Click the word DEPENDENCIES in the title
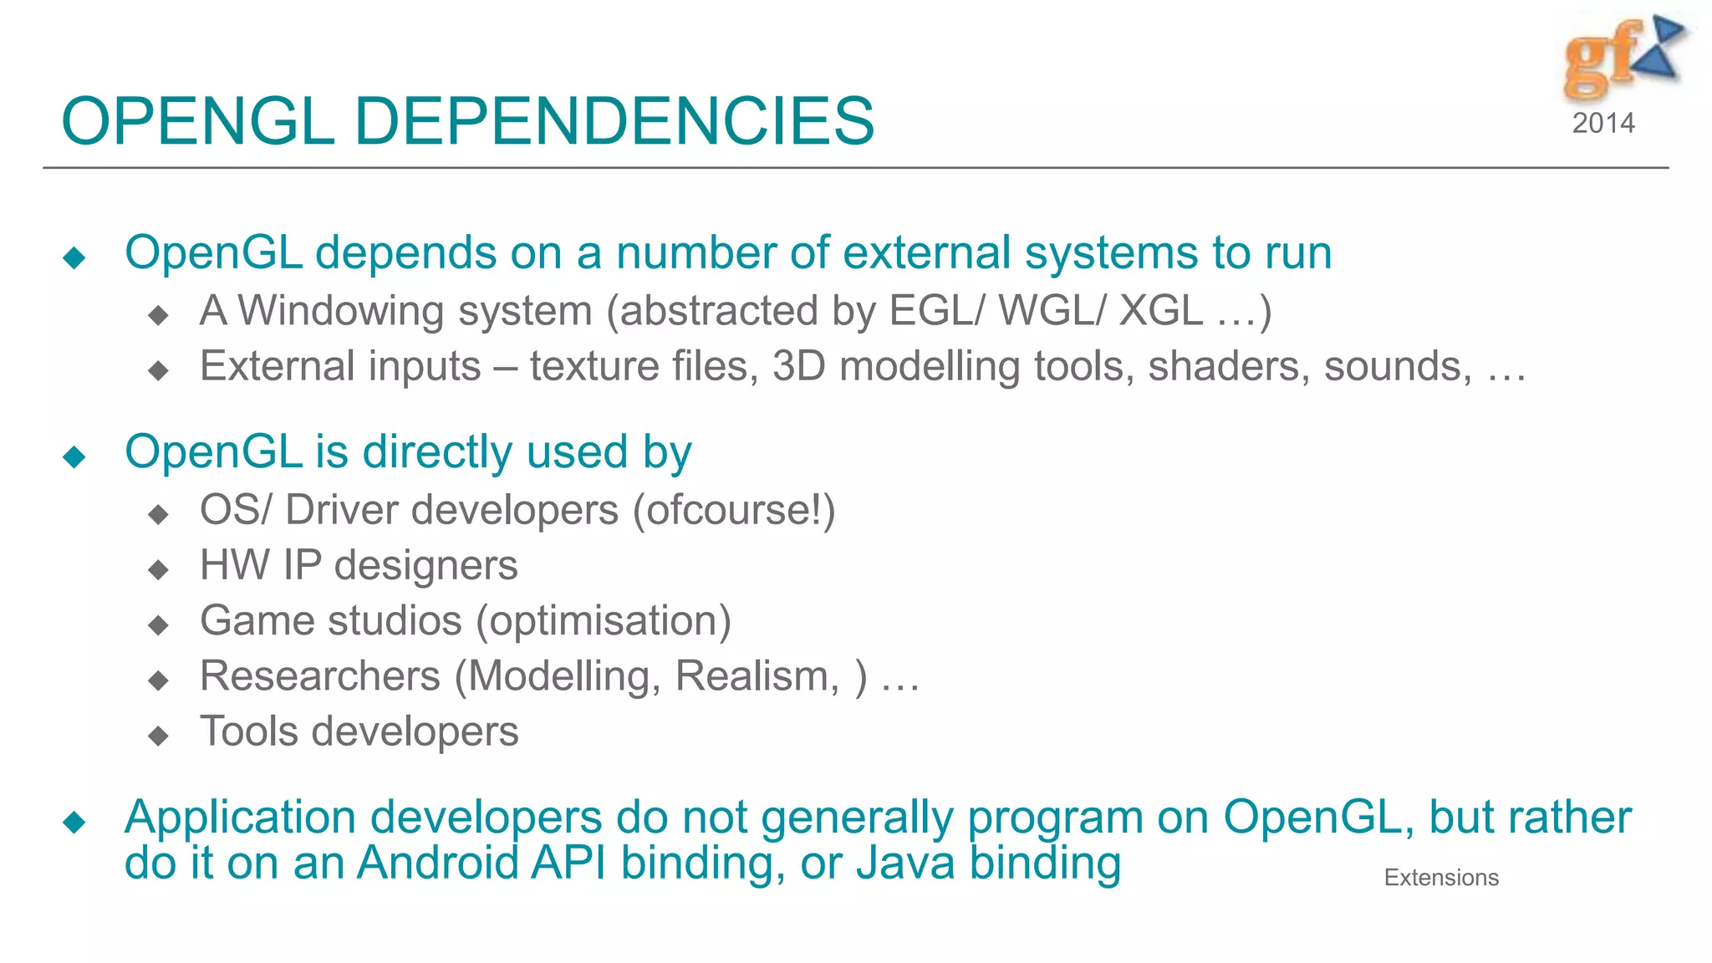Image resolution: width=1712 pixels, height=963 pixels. [614, 122]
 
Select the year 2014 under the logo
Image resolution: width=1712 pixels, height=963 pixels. [1602, 124]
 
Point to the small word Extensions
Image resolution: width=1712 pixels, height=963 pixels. [1441, 878]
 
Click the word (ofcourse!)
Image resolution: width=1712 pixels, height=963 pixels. [734, 510]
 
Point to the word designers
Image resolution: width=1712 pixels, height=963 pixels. [425, 565]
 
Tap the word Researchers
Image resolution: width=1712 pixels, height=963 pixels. [319, 676]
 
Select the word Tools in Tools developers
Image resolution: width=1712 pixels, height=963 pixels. [248, 731]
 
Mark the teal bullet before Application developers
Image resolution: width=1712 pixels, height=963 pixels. [74, 822]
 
